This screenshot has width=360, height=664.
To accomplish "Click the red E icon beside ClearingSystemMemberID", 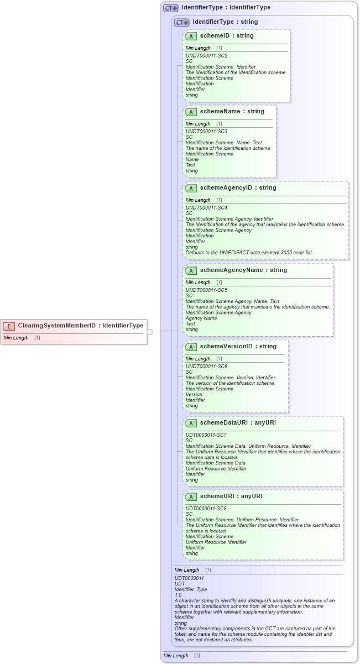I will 9,326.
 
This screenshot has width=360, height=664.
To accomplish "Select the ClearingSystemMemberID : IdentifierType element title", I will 81,326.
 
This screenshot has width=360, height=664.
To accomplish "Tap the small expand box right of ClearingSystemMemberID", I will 149,332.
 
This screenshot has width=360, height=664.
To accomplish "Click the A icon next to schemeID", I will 191,36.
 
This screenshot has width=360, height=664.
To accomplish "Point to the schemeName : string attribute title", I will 232,112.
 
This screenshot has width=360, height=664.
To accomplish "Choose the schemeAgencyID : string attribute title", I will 238,188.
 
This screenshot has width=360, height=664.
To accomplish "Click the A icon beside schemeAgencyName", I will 191,270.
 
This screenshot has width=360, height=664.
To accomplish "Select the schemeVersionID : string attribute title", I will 238,347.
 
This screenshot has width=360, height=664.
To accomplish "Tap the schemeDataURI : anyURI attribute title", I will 238,423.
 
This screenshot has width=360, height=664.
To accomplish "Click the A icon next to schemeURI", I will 191,496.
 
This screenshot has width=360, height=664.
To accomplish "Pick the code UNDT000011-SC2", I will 206,56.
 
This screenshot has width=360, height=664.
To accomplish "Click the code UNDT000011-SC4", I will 206,208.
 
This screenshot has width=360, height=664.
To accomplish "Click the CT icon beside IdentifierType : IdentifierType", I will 170,8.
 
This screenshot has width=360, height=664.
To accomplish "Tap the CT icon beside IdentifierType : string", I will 181,22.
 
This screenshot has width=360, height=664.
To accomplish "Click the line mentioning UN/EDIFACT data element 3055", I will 249,253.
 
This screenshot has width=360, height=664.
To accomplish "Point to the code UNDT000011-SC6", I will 206,367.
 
